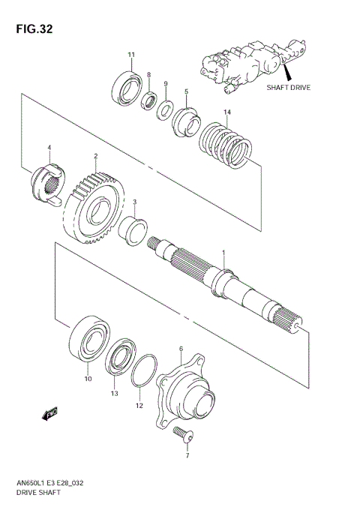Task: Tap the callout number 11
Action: click(130, 55)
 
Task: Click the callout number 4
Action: click(49, 147)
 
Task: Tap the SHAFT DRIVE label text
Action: click(288, 87)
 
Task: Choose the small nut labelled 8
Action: click(150, 98)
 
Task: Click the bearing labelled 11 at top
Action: click(127, 87)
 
